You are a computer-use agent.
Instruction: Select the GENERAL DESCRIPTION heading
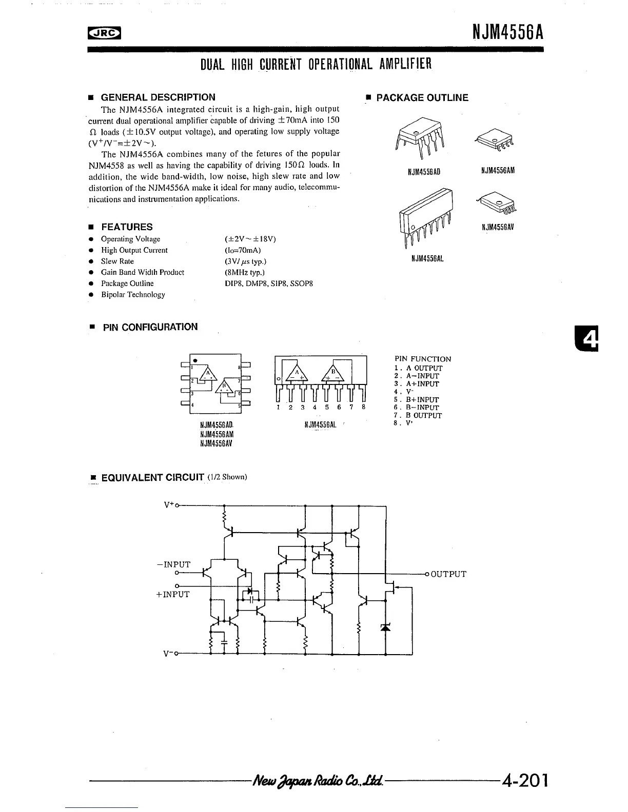tap(158, 97)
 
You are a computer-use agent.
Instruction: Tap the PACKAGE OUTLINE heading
tap(422, 98)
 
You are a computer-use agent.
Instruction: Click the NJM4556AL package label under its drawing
tap(427, 259)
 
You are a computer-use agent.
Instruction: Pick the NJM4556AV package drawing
tap(498, 204)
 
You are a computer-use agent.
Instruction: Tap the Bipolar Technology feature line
tap(133, 295)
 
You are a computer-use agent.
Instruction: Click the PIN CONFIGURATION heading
tap(150, 327)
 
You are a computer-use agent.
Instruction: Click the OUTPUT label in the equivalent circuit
tap(448, 574)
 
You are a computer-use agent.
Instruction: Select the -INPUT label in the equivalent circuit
tap(173, 564)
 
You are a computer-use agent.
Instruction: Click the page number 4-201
tap(525, 781)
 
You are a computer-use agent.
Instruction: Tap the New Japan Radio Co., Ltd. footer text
tap(318, 781)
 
